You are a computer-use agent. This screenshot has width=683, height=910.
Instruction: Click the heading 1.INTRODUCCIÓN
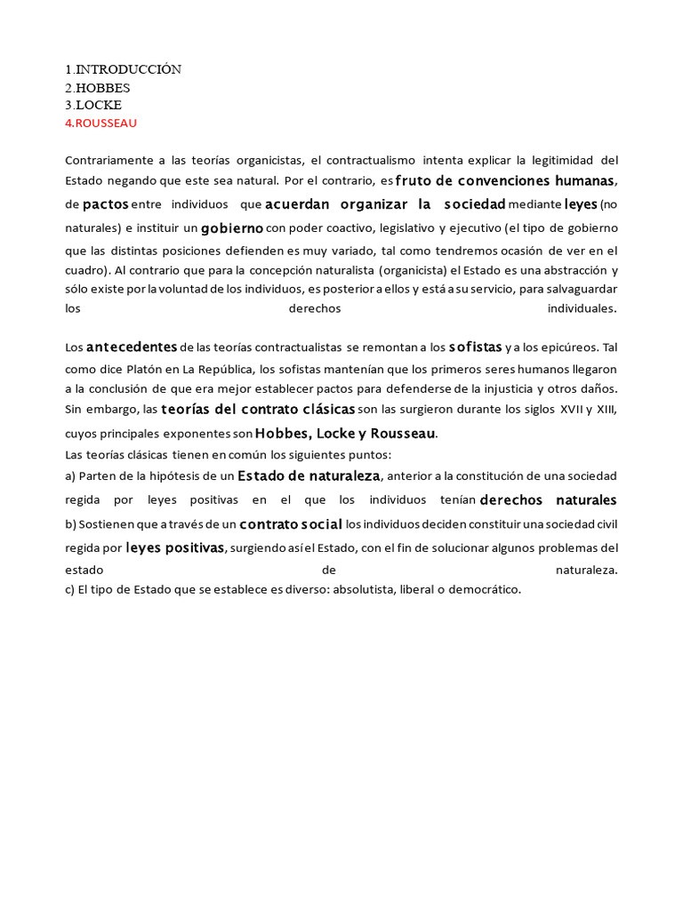pos(123,69)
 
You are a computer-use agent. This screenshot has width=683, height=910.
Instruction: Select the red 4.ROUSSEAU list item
pos(101,123)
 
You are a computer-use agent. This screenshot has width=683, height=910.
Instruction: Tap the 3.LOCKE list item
pos(93,105)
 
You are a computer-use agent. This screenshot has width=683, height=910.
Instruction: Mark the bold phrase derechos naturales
pos(548,499)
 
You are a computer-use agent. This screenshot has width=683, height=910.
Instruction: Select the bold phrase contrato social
pos(291,523)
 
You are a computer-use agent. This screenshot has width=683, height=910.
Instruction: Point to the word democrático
pos(484,589)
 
